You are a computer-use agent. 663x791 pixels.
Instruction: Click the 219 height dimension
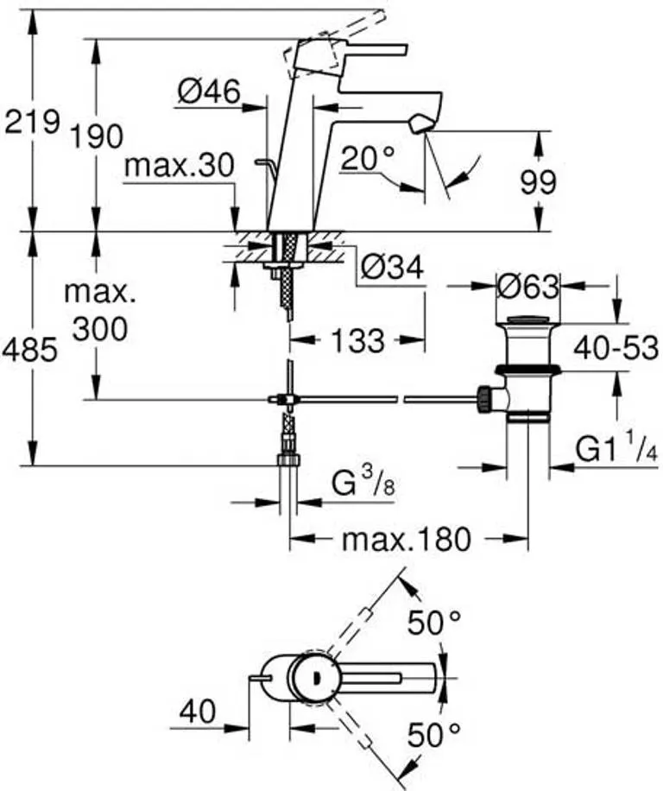coord(32,122)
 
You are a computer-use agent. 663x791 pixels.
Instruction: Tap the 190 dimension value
coord(97,136)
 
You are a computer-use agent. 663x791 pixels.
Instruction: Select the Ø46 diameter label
coord(209,92)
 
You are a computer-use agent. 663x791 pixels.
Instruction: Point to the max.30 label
coord(179,165)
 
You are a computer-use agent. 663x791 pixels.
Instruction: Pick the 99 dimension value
coord(538,182)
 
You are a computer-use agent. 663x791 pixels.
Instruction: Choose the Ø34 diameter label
coord(392,268)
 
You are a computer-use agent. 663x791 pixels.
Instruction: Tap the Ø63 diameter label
coord(528,287)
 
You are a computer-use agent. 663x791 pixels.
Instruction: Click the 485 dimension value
coord(29,350)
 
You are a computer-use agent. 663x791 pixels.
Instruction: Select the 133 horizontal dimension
coord(358,340)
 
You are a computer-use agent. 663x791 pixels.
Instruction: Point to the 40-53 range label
coord(616,348)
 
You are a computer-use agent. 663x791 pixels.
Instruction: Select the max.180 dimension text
coord(407,539)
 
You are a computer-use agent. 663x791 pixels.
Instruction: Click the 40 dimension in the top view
coord(199,712)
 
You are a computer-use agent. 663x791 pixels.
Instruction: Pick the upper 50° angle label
coord(434,623)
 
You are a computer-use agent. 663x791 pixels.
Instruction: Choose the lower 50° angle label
coord(434,735)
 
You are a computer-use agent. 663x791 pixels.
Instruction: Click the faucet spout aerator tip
coord(420,123)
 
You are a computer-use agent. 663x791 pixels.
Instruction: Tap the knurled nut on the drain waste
coord(484,399)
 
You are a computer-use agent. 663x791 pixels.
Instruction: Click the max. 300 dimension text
coord(100,312)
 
